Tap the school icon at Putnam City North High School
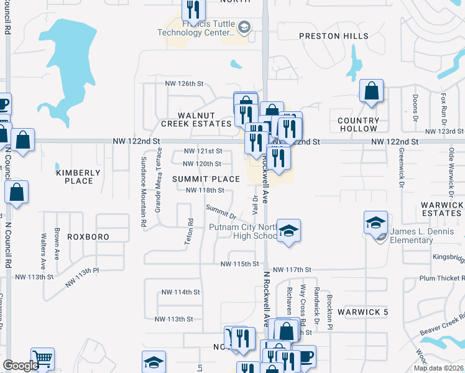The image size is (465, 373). pos(288,231)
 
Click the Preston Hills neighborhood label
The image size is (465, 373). pos(333,36)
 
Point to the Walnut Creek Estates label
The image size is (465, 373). pos(196,119)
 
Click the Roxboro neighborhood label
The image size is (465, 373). pos(88,237)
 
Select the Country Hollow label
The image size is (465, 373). pos(358,124)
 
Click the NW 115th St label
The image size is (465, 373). pos(239,264)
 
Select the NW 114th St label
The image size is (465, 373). pos(180,292)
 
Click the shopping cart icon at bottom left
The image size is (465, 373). pos(42,359)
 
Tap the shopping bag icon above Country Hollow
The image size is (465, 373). pos(371,91)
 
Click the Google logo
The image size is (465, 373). pos(21,366)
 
